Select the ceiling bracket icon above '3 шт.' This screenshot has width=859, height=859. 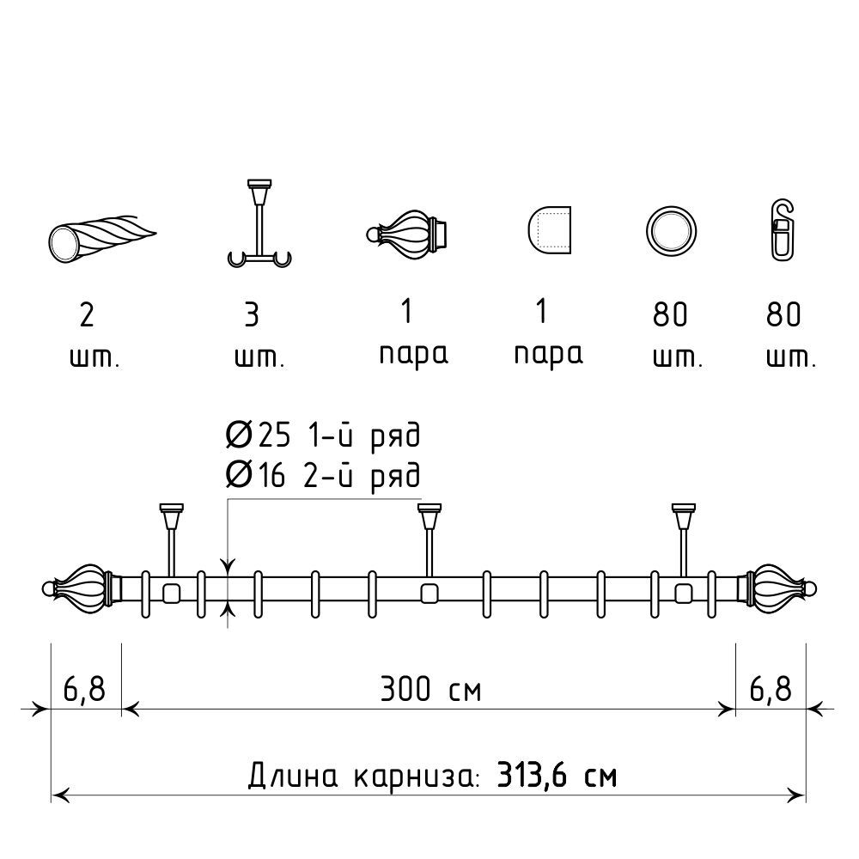click(x=259, y=223)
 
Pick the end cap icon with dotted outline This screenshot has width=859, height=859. click(x=550, y=230)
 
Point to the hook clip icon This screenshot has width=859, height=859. click(x=783, y=230)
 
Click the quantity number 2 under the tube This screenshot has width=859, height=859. click(x=87, y=315)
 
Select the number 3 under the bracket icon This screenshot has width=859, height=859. click(x=252, y=315)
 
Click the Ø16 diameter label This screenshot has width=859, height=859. click(x=255, y=474)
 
